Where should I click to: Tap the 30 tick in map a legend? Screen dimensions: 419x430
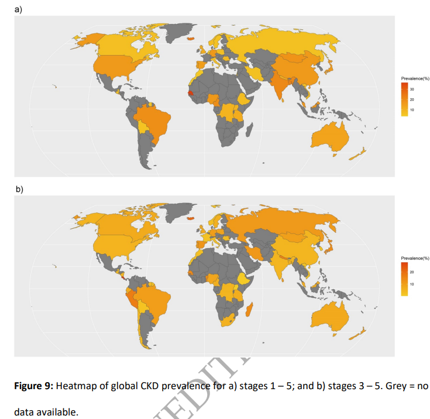pyautogui.click(x=412, y=90)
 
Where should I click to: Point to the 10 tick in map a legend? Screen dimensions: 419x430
pyautogui.click(x=412, y=110)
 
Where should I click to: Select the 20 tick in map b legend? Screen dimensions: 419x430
pyautogui.click(x=412, y=272)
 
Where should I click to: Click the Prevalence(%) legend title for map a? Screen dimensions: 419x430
pyautogui.click(x=415, y=78)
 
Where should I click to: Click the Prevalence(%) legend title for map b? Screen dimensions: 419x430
pyautogui.click(x=415, y=258)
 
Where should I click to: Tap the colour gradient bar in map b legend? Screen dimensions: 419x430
pyautogui.click(x=404, y=279)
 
